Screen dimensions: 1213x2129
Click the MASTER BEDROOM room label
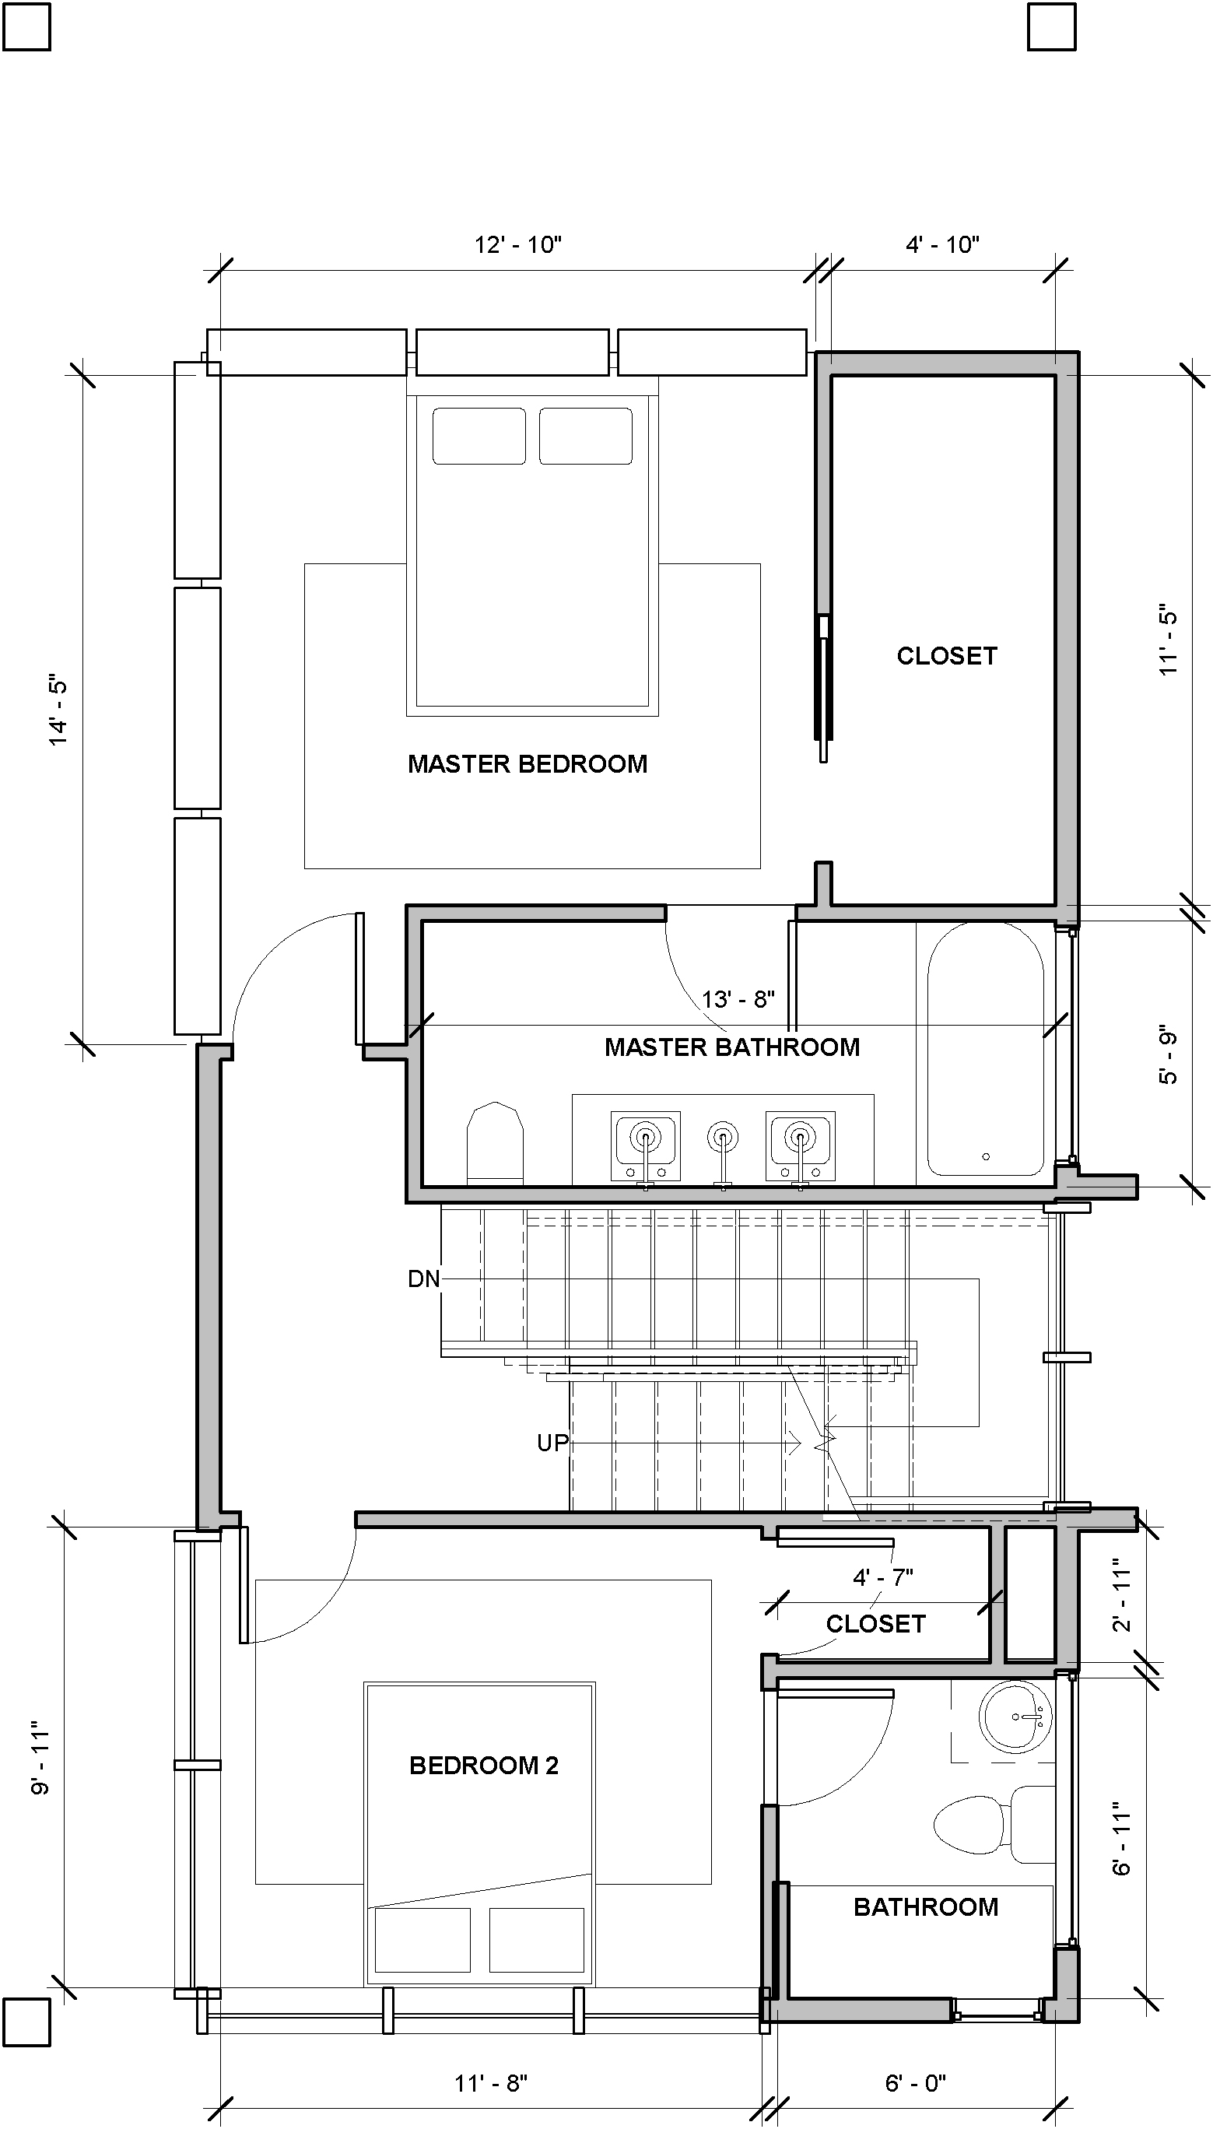click(x=528, y=764)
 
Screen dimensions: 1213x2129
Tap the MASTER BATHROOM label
click(x=732, y=1047)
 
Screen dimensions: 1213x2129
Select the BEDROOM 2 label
click(x=484, y=1765)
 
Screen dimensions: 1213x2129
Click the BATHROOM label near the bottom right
click(x=926, y=1906)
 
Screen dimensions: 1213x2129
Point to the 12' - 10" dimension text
click(x=518, y=245)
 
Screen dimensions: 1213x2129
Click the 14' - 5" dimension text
click(x=58, y=710)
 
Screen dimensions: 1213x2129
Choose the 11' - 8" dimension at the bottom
click(x=491, y=2083)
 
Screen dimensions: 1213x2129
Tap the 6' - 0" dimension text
click(x=916, y=2083)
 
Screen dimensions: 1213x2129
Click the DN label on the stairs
click(x=424, y=1278)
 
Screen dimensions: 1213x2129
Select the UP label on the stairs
click(x=552, y=1443)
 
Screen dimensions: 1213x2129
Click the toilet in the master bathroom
click(x=495, y=1143)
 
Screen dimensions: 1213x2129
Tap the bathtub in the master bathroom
click(x=986, y=1049)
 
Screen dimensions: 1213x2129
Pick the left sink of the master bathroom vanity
click(x=646, y=1145)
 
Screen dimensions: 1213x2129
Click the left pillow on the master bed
click(x=479, y=436)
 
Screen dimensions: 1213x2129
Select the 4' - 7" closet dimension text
click(x=883, y=1577)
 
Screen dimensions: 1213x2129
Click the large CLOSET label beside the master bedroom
click(x=947, y=655)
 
